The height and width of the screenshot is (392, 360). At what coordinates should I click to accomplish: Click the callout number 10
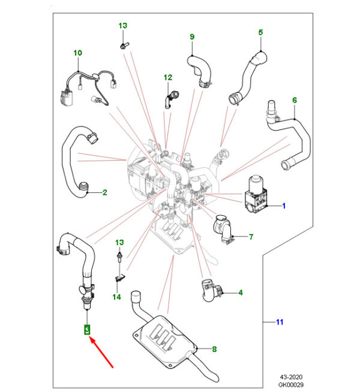pos(77,53)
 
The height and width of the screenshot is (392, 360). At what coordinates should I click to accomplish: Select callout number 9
pos(192,37)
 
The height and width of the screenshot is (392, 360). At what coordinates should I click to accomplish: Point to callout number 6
pos(294,100)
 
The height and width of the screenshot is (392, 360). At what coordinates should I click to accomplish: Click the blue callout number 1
pos(284,206)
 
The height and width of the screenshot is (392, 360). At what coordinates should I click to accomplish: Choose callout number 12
pos(167,77)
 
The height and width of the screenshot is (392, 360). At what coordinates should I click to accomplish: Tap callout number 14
pos(118,296)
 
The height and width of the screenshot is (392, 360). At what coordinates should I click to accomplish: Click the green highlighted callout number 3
pos(86,329)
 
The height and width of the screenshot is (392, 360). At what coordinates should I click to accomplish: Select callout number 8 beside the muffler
pos(214,349)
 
